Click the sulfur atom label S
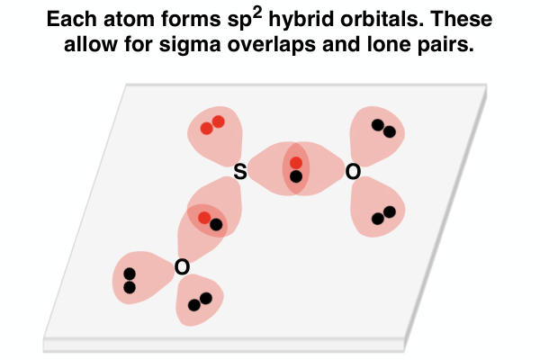(x=240, y=172)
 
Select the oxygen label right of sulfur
(x=353, y=172)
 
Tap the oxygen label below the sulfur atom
(x=182, y=267)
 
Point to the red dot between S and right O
(x=296, y=163)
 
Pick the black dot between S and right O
(x=296, y=176)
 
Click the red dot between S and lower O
(x=204, y=218)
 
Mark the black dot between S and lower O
(x=216, y=225)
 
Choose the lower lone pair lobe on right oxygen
(x=378, y=207)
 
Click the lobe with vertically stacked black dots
(x=141, y=277)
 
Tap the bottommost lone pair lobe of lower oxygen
(x=200, y=300)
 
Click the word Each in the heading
(x=72, y=19)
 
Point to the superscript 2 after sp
(x=256, y=13)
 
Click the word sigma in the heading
(x=189, y=46)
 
